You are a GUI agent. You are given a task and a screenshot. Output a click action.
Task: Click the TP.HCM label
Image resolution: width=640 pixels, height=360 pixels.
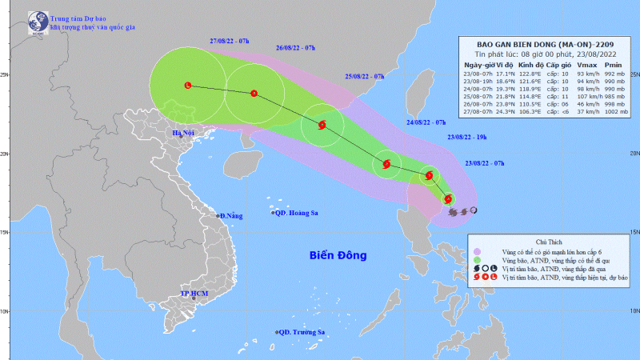194,294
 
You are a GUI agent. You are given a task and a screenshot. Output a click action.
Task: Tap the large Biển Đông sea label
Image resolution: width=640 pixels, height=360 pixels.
338,255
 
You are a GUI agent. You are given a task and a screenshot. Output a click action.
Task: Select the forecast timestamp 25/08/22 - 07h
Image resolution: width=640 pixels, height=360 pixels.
365,77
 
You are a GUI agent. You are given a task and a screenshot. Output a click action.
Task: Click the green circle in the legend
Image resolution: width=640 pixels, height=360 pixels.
478,259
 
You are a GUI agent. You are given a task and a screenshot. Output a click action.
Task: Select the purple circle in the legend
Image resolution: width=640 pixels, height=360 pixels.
478,250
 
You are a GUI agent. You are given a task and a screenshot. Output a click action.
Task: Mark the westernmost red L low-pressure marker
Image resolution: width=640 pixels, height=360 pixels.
189,85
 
